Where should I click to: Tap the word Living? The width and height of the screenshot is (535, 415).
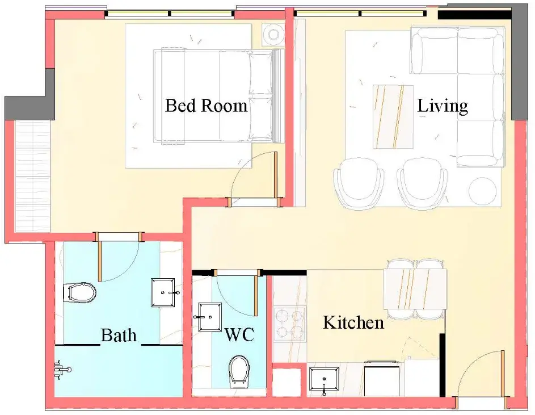click(443, 106)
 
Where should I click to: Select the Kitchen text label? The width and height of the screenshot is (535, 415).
click(353, 322)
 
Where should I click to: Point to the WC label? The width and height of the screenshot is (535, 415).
click(239, 334)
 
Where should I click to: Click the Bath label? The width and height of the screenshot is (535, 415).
click(119, 335)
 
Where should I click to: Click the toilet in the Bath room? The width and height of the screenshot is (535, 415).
click(79, 293)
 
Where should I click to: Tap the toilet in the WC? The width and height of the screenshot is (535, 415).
click(239, 372)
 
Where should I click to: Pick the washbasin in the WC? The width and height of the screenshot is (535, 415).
click(209, 317)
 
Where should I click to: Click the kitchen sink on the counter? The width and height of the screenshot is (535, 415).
click(323, 379)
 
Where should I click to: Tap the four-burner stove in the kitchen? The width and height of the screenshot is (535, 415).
click(290, 323)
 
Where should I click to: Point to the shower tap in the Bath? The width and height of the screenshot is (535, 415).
click(62, 369)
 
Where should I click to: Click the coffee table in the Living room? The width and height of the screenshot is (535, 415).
click(393, 117)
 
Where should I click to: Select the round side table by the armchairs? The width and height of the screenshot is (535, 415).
click(483, 191)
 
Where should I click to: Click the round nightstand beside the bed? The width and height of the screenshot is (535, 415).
click(273, 34)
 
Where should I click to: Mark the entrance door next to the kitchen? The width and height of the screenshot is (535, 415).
click(502, 379)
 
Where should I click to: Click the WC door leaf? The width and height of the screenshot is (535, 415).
click(255, 294)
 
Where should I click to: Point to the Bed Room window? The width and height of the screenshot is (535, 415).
click(170, 14)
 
